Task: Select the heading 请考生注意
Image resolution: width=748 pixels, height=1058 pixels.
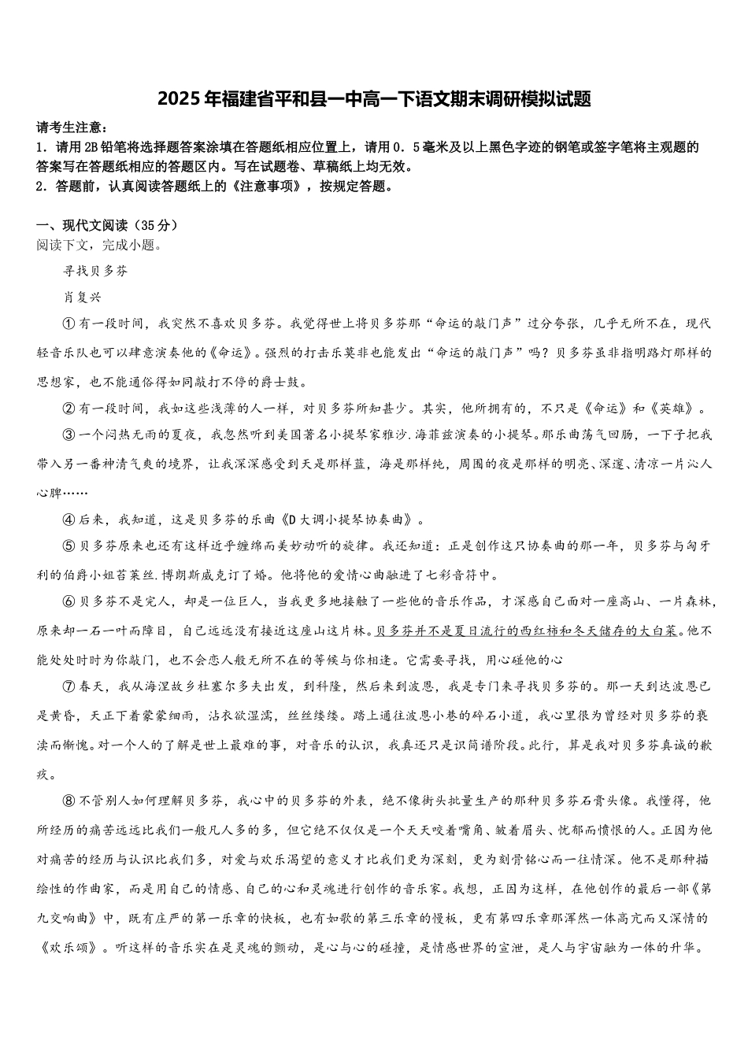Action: tap(69, 128)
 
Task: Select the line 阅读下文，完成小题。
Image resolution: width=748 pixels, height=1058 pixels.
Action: tap(99, 245)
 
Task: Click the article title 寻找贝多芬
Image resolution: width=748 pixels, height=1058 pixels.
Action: tap(94, 271)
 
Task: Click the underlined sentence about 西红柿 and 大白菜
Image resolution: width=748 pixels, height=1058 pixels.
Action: tap(527, 631)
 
